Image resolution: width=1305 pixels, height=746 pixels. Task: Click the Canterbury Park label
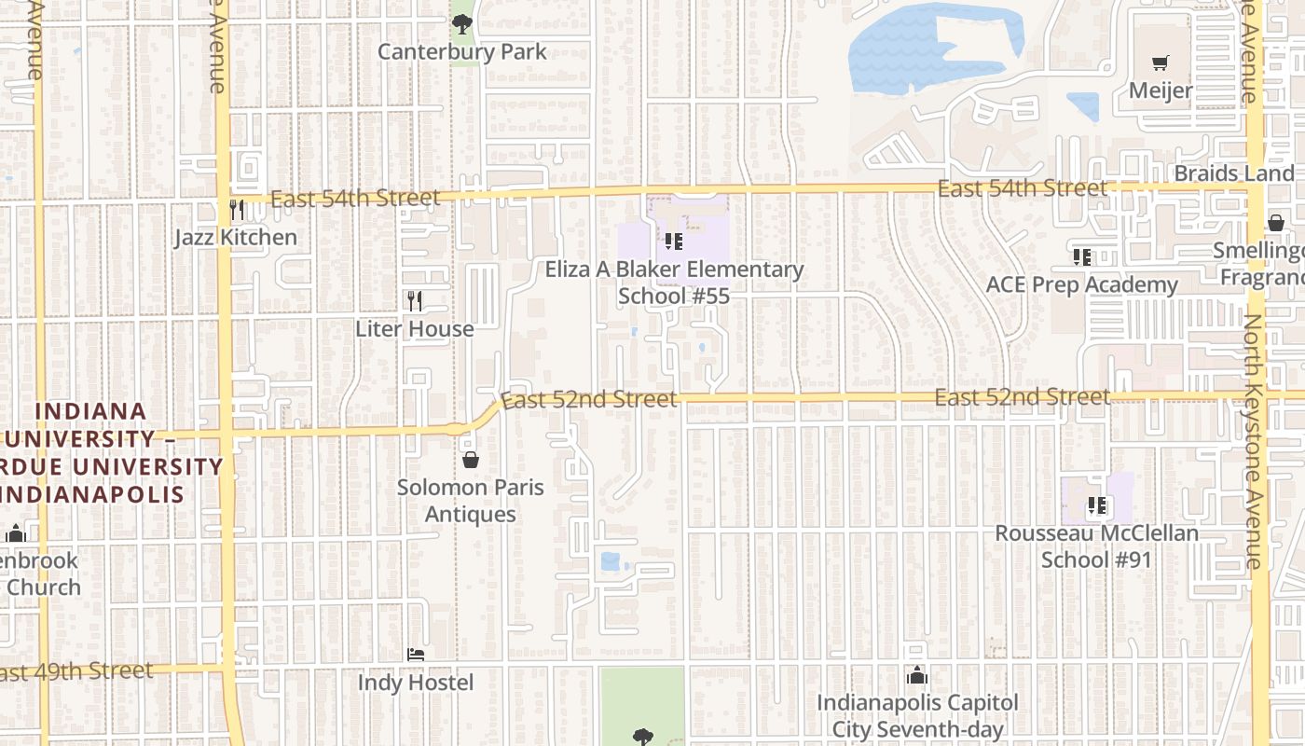point(461,51)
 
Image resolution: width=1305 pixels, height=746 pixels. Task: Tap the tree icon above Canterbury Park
point(461,24)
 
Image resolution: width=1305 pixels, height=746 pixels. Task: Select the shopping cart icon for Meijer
point(1160,63)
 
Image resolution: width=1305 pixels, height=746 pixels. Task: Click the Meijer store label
point(1161,90)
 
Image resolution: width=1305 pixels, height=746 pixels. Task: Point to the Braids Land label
point(1234,173)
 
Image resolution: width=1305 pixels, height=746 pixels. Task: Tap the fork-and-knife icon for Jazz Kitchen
point(237,209)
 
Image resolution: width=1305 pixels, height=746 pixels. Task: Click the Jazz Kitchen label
point(236,237)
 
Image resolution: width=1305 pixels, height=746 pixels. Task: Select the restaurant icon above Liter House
point(415,300)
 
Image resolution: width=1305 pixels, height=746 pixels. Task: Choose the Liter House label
point(415,328)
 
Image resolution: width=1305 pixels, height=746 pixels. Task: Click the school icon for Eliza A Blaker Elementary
point(674,242)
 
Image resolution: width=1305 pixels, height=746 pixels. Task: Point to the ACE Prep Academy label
point(1081,284)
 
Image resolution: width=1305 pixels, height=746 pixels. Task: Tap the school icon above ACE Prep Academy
point(1081,256)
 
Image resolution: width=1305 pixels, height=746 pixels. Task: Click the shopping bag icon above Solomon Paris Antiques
point(471,459)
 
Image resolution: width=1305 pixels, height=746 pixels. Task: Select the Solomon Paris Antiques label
point(471,500)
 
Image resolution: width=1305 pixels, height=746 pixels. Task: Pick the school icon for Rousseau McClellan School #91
point(1097,505)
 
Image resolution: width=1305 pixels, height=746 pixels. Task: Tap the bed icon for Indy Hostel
point(416,655)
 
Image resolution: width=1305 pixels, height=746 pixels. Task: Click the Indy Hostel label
point(416,683)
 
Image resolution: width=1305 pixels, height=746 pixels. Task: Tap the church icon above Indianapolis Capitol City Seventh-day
point(917,674)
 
